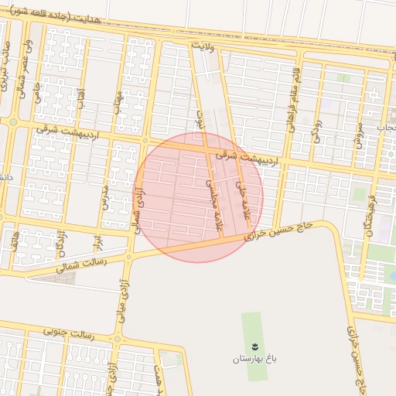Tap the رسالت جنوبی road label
pyautogui.click(x=70, y=334)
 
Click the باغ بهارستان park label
pyautogui.click(x=252, y=360)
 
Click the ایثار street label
pyautogui.click(x=98, y=243)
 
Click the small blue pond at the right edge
pyautogui.click(x=393, y=275)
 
